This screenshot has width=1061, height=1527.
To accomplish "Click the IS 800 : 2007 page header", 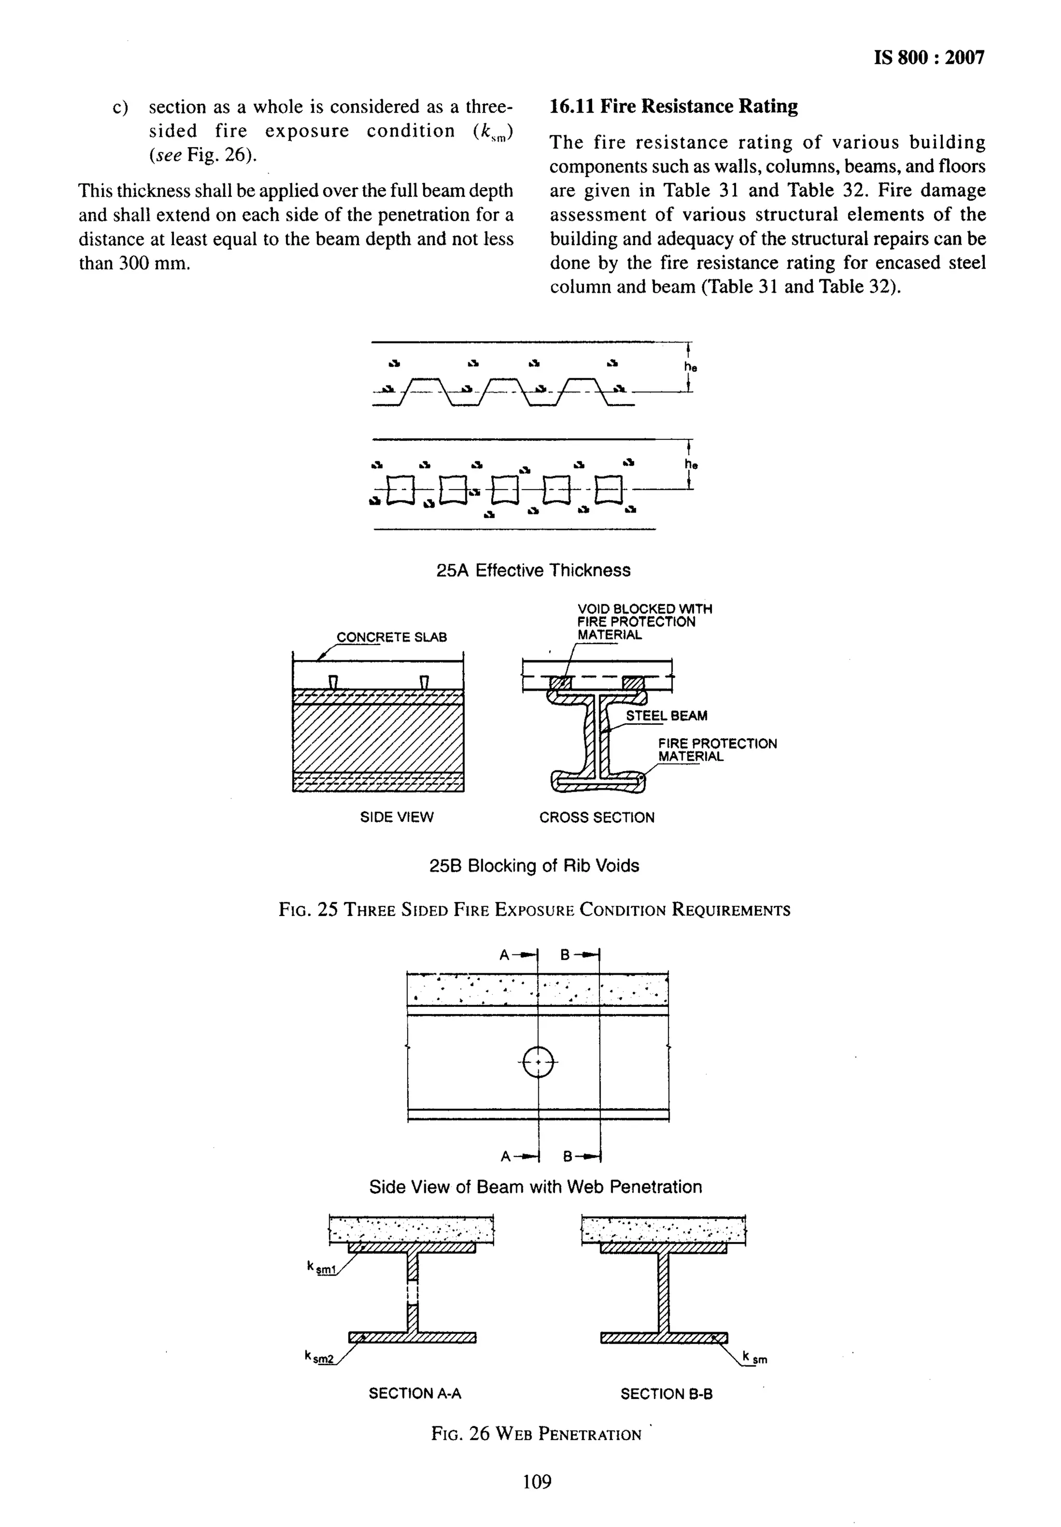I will [x=929, y=59].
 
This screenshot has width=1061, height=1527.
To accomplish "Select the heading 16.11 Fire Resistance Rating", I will [x=673, y=106].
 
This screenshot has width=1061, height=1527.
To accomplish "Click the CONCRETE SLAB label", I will [x=392, y=637].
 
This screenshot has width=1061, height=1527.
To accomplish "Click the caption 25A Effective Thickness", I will [x=533, y=570].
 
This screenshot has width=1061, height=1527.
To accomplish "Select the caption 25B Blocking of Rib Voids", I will [x=534, y=865].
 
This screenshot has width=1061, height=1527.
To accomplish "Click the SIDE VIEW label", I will [x=396, y=817].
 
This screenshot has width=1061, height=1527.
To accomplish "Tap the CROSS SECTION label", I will [x=596, y=817].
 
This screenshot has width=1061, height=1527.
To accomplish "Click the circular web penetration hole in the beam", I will [x=538, y=1062].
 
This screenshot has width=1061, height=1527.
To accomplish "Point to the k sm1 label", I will [x=322, y=1268].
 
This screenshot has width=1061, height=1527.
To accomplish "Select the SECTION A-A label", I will [x=415, y=1393].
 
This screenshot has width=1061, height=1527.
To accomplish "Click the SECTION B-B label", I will [x=666, y=1393].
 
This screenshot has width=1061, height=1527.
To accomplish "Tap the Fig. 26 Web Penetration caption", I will [x=536, y=1434].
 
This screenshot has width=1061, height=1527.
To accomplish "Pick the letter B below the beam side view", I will [x=568, y=1156].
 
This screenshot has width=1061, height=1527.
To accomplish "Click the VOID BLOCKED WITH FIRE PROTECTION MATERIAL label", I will [x=643, y=622].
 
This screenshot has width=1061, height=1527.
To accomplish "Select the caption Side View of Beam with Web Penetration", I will [x=535, y=1187].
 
